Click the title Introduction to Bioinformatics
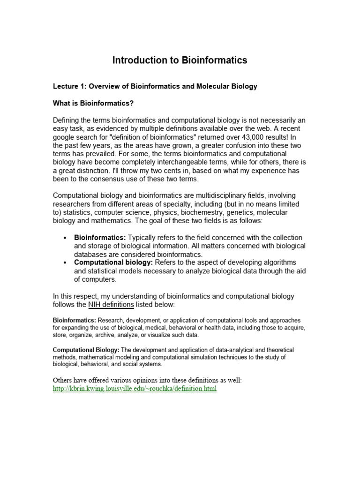(180, 60)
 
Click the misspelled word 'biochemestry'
(190, 213)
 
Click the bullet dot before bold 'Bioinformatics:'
(65, 238)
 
